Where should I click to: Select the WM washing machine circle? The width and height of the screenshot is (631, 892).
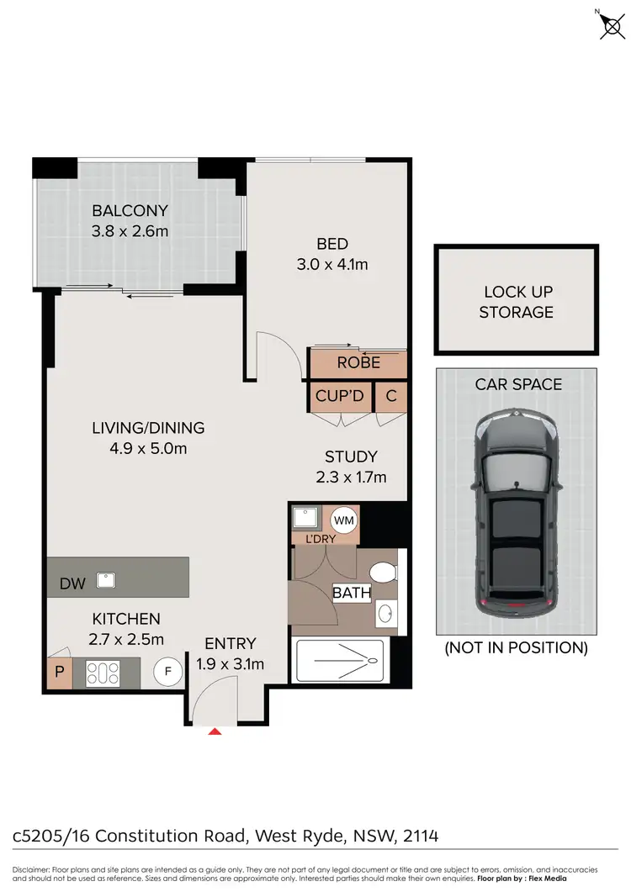pyautogui.click(x=345, y=520)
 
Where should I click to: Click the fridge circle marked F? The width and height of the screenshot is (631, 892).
pyautogui.click(x=167, y=672)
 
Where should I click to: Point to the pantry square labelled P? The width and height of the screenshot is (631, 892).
pyautogui.click(x=59, y=673)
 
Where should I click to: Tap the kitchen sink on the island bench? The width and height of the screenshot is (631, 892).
pyautogui.click(x=106, y=578)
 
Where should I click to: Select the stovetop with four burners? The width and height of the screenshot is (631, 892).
pyautogui.click(x=102, y=673)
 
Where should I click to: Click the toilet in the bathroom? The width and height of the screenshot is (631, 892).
pyautogui.click(x=384, y=574)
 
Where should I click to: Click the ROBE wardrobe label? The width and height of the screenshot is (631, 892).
pyautogui.click(x=358, y=363)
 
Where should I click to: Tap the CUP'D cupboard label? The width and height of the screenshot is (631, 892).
pyautogui.click(x=339, y=395)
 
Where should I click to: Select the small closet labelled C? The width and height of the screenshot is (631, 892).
pyautogui.click(x=390, y=395)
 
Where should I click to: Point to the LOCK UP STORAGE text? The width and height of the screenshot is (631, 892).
pyautogui.click(x=517, y=302)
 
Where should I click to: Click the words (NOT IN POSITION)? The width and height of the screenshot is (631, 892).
pyautogui.click(x=516, y=647)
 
